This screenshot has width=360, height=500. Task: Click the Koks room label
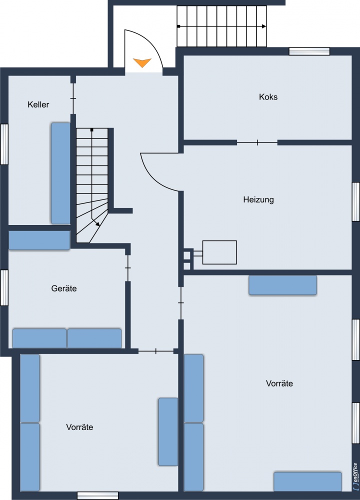point(268,97)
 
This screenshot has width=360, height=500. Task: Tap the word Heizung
point(258,200)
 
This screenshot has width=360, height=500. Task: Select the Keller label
point(38,104)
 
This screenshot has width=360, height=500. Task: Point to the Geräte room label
point(64,288)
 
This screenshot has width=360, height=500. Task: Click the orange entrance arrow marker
point(142,62)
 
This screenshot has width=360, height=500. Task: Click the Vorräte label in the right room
point(279,383)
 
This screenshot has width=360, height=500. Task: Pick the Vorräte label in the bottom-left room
point(79,427)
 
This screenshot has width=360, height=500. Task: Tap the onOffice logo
point(355,477)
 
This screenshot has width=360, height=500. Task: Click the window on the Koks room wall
point(309,51)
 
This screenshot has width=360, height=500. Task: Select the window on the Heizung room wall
point(356,201)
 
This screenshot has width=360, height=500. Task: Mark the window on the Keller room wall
point(4,144)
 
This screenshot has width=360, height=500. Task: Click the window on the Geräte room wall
point(4,287)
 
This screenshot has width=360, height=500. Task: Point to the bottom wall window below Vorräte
point(98,495)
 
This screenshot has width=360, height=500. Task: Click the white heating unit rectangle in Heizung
point(219,252)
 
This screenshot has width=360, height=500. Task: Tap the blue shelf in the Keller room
point(60,173)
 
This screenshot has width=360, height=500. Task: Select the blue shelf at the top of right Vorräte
point(282,285)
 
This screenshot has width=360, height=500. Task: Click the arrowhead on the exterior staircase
point(264,26)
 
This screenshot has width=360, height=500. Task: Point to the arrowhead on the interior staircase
point(97,224)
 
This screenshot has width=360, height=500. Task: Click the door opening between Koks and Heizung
point(257,143)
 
